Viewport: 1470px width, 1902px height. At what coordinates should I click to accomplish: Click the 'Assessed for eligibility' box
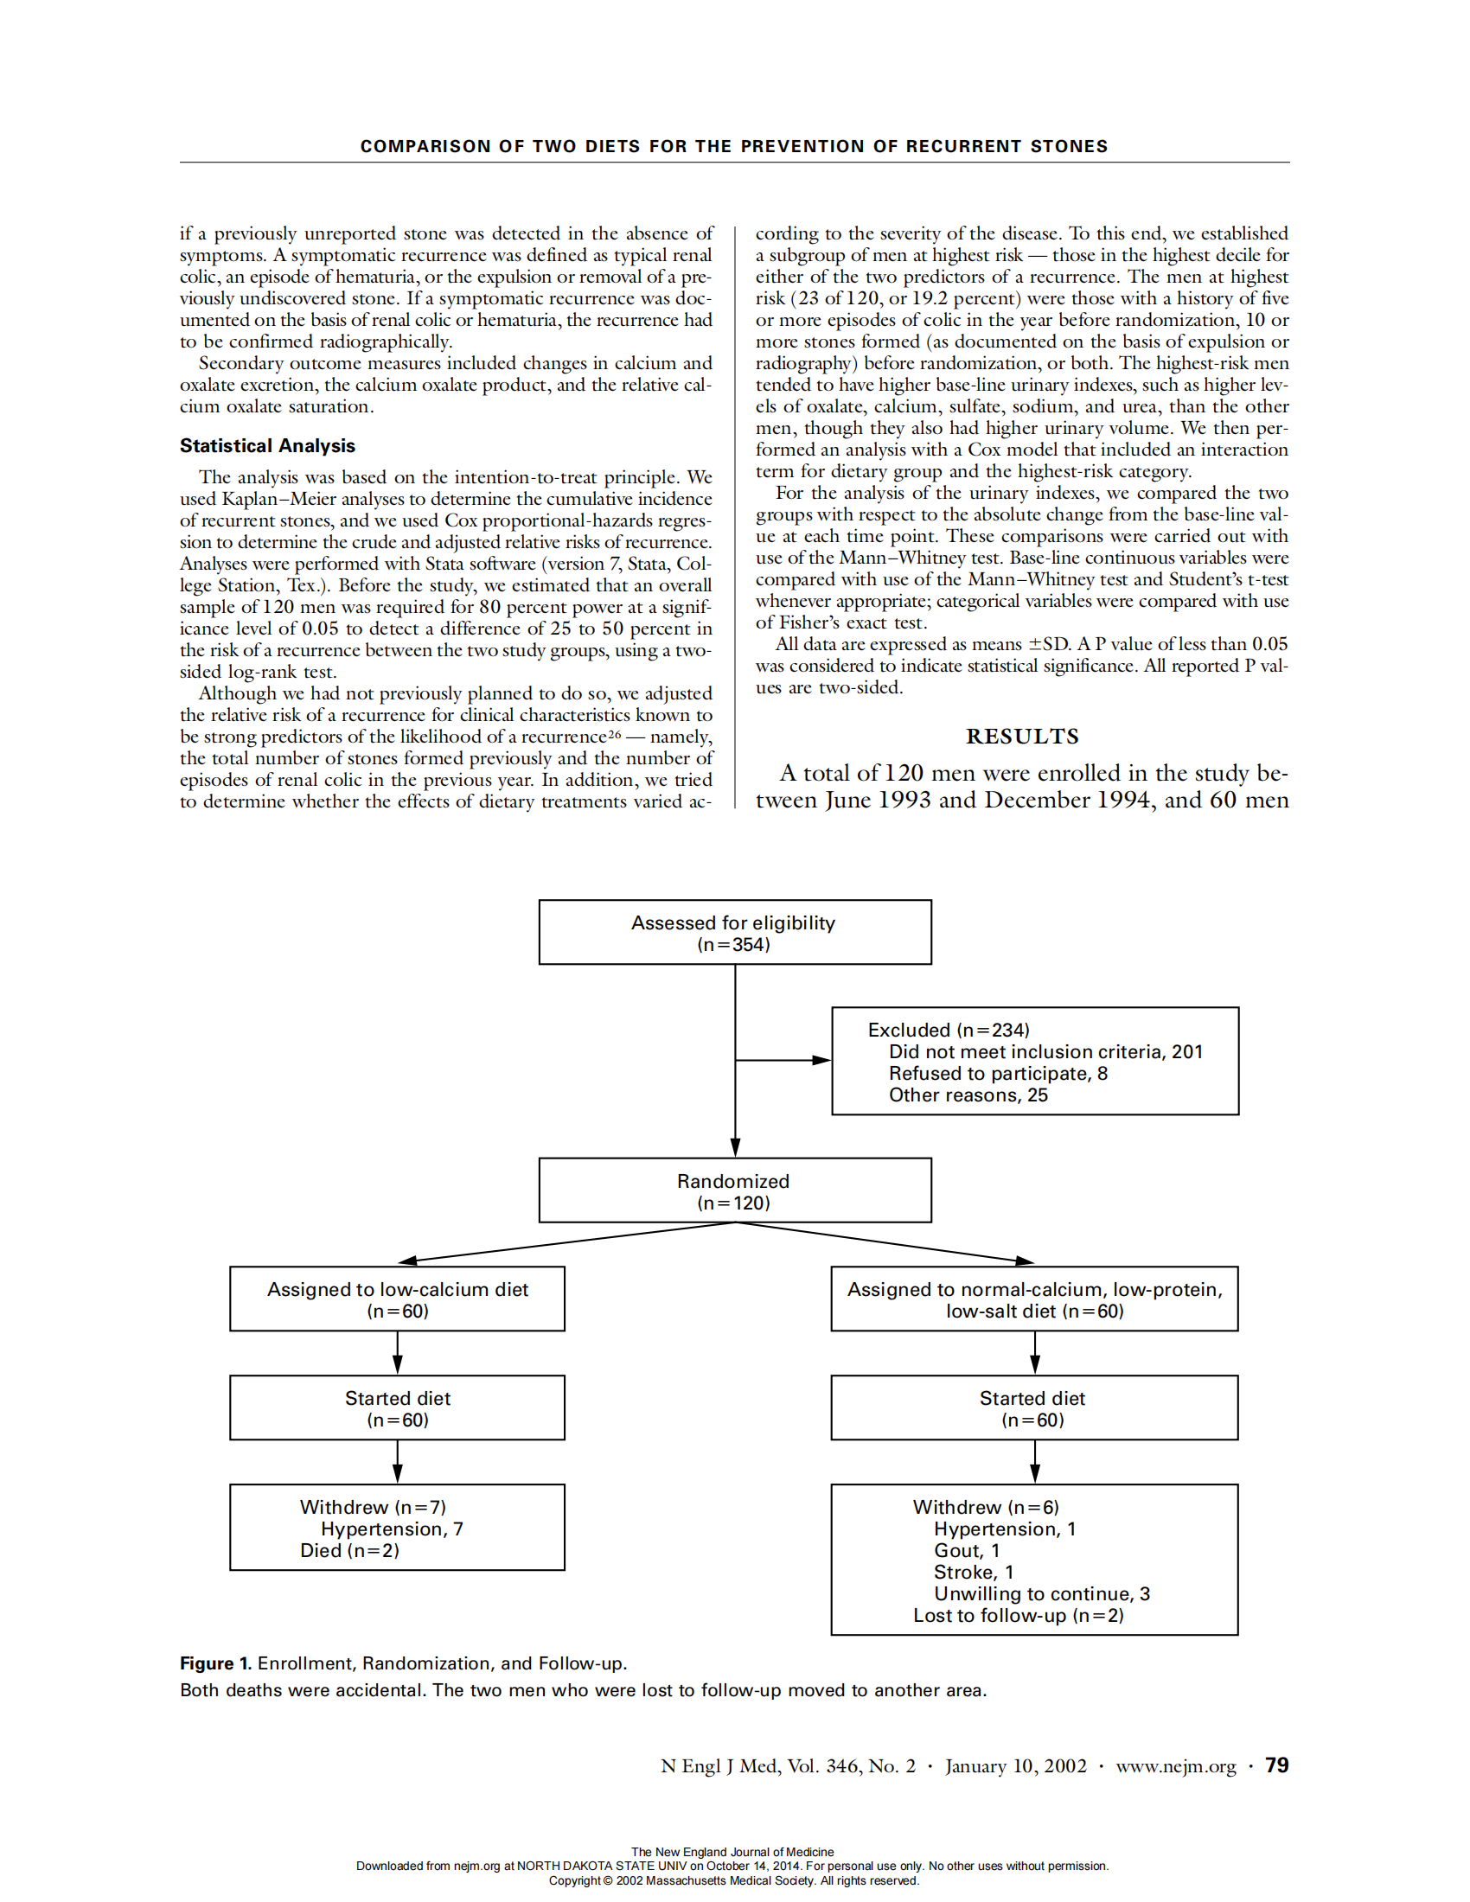pos(734,932)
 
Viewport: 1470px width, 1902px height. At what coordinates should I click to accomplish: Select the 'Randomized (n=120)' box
pos(734,1190)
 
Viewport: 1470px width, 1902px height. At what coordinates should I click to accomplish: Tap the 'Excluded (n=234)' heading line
pos(949,1030)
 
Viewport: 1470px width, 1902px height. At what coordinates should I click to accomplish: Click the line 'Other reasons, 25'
pos(968,1095)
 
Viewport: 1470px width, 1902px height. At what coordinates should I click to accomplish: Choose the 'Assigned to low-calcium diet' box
pos(397,1299)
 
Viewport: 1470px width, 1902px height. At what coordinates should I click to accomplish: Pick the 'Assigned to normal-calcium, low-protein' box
pos(1034,1299)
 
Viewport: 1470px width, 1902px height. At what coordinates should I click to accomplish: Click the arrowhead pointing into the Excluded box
pos(821,1060)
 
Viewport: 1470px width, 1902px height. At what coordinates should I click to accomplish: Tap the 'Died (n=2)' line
pos(349,1550)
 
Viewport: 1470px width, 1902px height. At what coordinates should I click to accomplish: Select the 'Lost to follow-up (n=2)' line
pos(1018,1616)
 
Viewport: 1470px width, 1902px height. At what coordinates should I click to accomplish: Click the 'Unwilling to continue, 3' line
pos(1042,1593)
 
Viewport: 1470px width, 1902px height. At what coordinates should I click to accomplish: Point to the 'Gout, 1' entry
pos(967,1550)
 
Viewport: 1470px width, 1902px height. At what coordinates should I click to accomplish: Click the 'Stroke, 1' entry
pos(974,1572)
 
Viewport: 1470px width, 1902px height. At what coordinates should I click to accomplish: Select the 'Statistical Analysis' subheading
pos(267,446)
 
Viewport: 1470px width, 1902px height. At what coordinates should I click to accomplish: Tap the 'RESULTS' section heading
pos(1021,737)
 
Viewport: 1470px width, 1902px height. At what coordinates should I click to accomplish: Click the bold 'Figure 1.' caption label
pos(215,1663)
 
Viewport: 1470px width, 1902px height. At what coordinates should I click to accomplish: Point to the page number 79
pos(1276,1765)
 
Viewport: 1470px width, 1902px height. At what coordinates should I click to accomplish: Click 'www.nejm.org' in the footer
pos(1176,1766)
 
